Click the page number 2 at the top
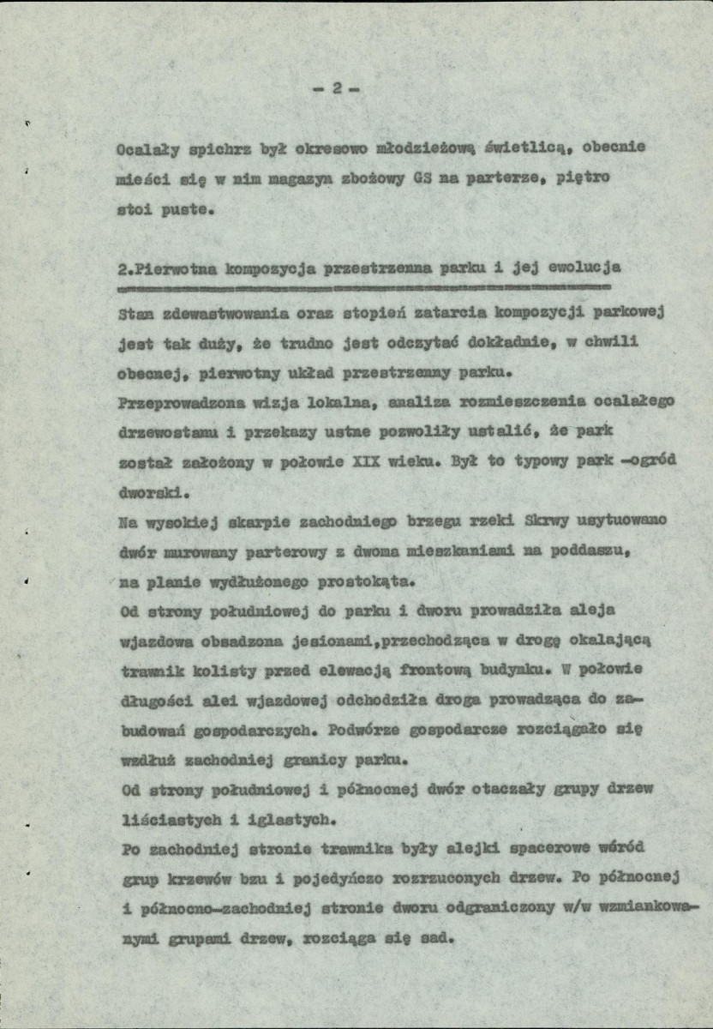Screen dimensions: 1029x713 click(x=338, y=88)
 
